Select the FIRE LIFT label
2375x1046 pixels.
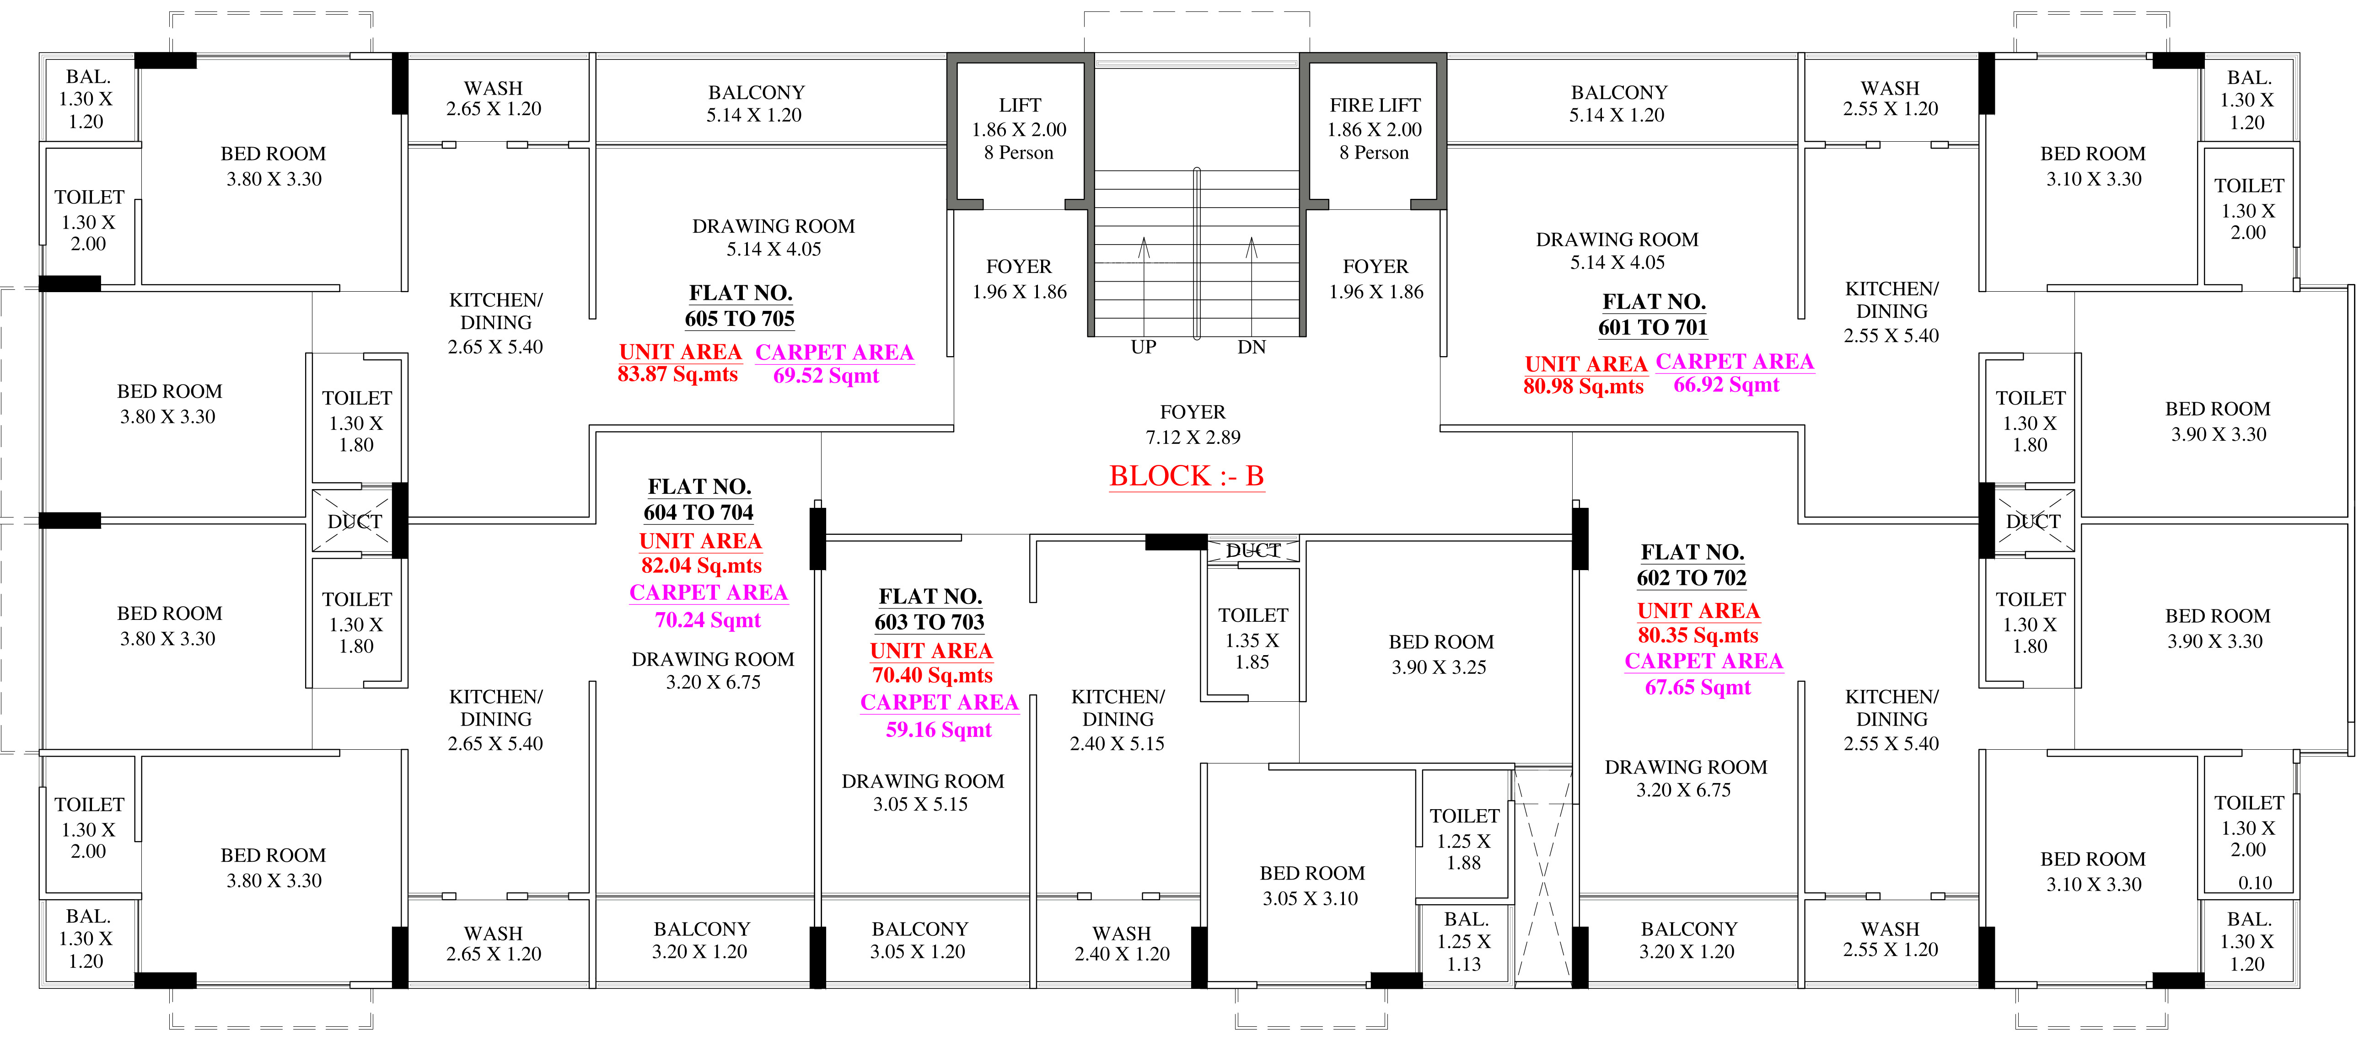click(x=1375, y=105)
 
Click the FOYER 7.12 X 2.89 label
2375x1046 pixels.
click(x=1193, y=424)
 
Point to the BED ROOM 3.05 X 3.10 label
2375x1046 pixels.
click(x=1312, y=886)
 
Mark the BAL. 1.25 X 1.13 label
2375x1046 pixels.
click(x=1464, y=941)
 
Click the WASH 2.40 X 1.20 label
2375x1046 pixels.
click(x=1122, y=944)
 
